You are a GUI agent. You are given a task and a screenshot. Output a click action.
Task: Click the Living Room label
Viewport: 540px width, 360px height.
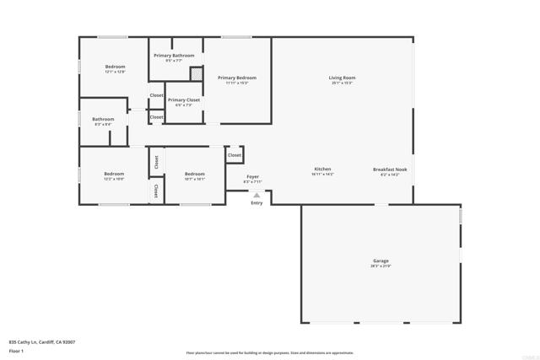point(342,78)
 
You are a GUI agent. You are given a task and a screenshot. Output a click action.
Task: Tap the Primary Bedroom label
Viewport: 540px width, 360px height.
point(236,78)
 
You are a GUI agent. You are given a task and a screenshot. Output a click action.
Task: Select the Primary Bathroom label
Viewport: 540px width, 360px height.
point(174,56)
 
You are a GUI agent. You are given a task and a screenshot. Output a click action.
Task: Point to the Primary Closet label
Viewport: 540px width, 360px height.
point(183,100)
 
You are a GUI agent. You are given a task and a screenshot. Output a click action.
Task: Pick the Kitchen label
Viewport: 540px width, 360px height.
point(322,169)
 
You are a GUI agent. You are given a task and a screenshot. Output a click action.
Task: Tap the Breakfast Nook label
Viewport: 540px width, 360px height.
point(390,169)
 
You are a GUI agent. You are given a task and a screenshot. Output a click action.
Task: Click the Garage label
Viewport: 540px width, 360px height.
point(381,261)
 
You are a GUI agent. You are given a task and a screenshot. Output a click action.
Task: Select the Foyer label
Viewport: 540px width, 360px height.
point(252,176)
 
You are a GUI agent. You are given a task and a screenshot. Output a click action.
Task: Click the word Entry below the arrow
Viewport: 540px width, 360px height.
point(256,202)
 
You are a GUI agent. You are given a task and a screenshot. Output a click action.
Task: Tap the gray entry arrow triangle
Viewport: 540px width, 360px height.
point(256,195)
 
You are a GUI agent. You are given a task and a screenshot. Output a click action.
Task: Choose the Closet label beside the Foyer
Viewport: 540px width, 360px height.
point(235,155)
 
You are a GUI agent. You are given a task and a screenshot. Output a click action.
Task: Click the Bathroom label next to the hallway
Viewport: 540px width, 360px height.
point(103,119)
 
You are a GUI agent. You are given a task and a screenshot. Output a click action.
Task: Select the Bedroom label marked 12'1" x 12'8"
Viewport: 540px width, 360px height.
point(115,67)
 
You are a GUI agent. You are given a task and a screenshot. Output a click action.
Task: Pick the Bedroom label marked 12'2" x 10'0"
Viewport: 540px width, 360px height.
point(114,174)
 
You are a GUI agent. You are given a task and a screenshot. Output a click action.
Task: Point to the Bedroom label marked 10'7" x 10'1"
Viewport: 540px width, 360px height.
point(194,174)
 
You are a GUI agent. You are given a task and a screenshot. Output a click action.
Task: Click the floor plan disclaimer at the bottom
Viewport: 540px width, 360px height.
point(269,352)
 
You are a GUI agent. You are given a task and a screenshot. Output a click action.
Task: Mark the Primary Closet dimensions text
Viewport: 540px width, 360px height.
point(183,105)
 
